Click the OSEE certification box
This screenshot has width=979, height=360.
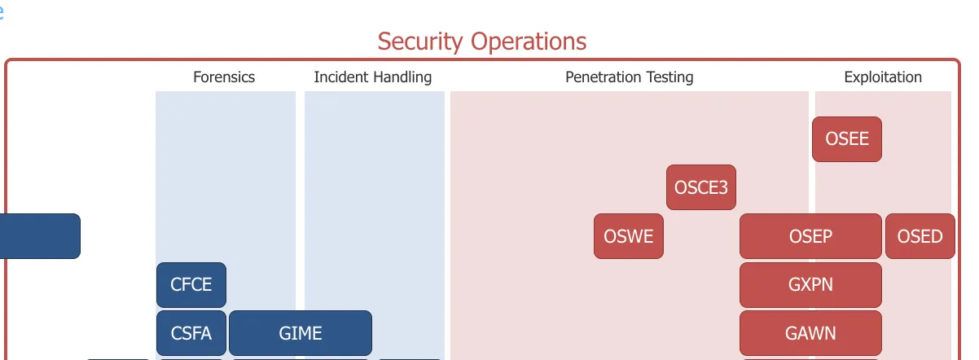point(847,139)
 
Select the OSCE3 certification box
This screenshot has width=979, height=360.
point(701,187)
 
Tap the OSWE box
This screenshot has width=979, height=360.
point(629,236)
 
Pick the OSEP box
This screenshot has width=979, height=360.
point(810,236)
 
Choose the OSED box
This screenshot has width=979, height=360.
point(920,236)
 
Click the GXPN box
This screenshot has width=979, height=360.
point(810,285)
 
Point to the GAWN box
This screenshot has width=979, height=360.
point(810,333)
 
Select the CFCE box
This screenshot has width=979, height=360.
point(191,285)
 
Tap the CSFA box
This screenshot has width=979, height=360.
point(191,333)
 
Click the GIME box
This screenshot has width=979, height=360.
point(301,333)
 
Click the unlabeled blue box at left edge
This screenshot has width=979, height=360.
point(40,236)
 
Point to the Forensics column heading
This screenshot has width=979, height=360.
point(224,77)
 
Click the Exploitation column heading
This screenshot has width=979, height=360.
point(883,77)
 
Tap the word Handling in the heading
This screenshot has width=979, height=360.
point(402,77)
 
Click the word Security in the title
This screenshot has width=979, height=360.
point(420,42)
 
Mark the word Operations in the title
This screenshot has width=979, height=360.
point(529,42)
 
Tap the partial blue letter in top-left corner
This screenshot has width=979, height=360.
point(2,11)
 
